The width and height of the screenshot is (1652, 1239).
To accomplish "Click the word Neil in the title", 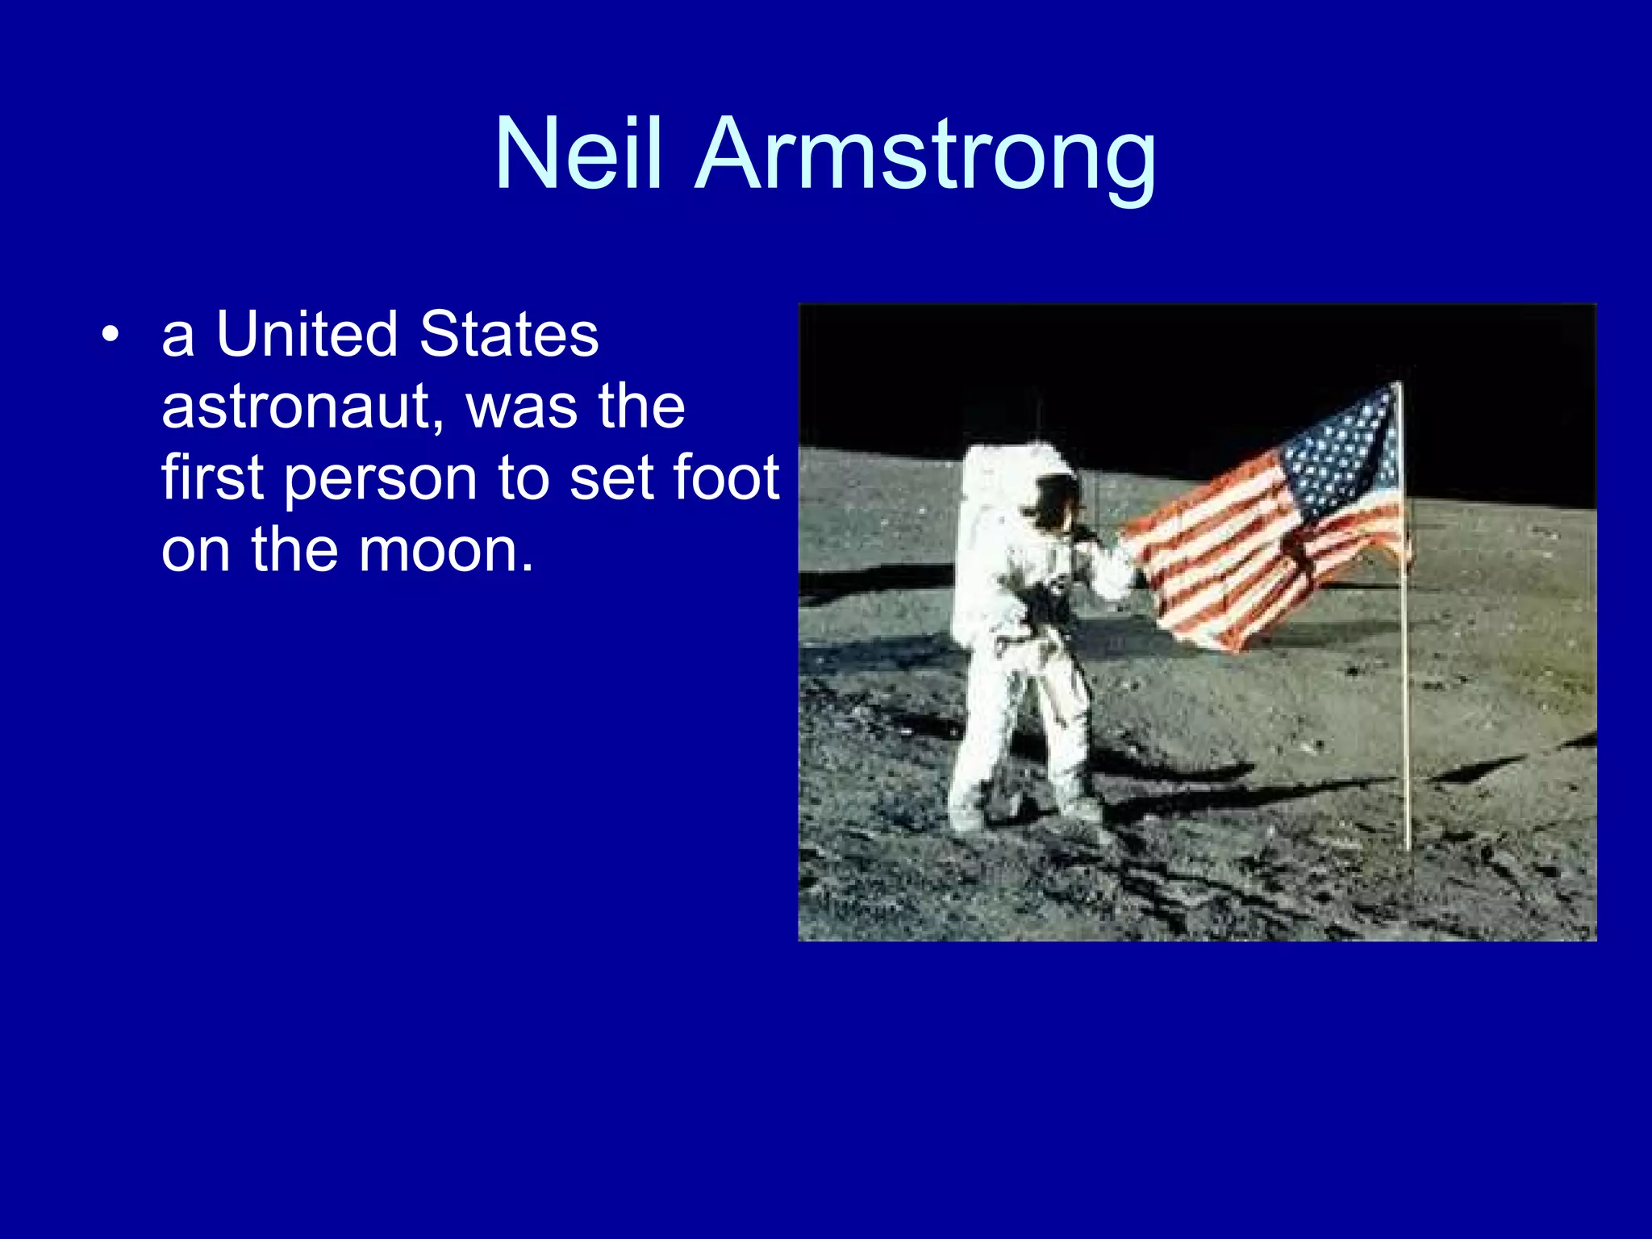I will click(x=578, y=155).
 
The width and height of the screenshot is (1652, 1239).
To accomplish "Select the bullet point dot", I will click(x=111, y=335).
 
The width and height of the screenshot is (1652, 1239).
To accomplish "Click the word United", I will click(x=307, y=334).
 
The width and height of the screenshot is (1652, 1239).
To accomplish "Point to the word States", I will click(x=509, y=334).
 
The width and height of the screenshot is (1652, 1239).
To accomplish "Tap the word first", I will click(x=211, y=478).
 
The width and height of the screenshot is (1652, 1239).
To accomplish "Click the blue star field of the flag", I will click(x=1343, y=452).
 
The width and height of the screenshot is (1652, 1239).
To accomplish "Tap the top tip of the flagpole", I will click(x=1400, y=386).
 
